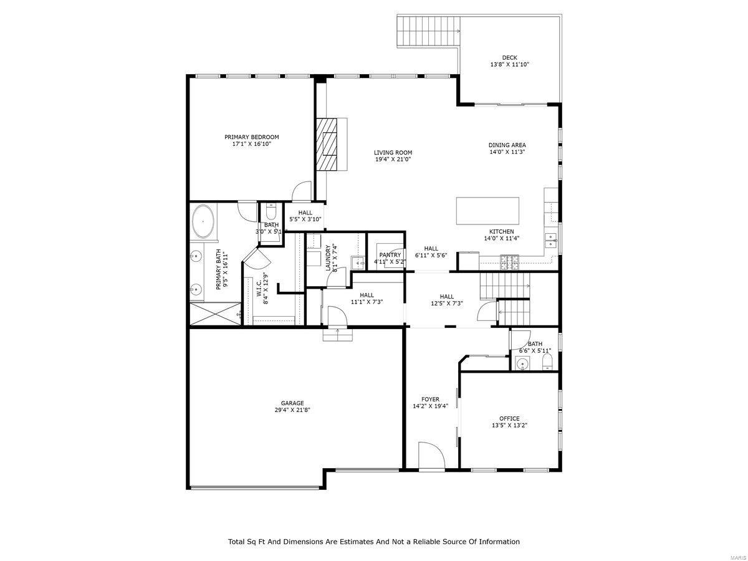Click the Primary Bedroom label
251,137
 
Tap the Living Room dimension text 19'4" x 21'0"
393,160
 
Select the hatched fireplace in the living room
325,143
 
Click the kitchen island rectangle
487,211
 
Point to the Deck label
509,57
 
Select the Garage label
292,403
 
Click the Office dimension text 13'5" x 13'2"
509,426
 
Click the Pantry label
390,255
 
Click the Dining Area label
507,145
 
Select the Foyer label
430,399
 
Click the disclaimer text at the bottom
373,542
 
